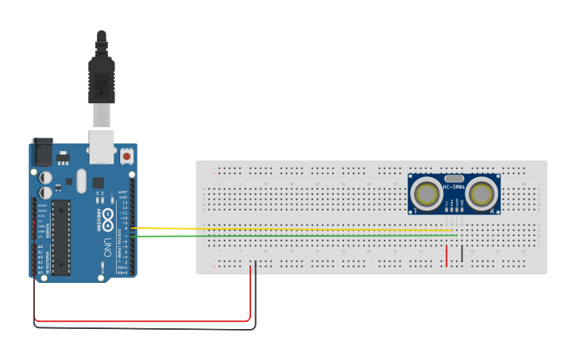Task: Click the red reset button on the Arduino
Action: [127, 157]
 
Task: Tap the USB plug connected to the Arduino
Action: [102, 79]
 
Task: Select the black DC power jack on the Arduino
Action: [41, 152]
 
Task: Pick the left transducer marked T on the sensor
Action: [427, 193]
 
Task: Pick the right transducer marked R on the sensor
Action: [481, 193]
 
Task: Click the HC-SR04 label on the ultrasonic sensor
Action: [454, 188]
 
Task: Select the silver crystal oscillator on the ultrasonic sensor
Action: [454, 179]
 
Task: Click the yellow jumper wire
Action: [294, 229]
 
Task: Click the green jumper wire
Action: [294, 236]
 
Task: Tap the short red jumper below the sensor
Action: [446, 254]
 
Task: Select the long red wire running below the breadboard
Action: [143, 321]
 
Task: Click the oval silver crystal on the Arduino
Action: [81, 180]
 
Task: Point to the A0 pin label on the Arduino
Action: [40, 246]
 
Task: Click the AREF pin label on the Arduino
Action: [123, 192]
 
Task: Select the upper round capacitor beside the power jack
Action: [47, 177]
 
